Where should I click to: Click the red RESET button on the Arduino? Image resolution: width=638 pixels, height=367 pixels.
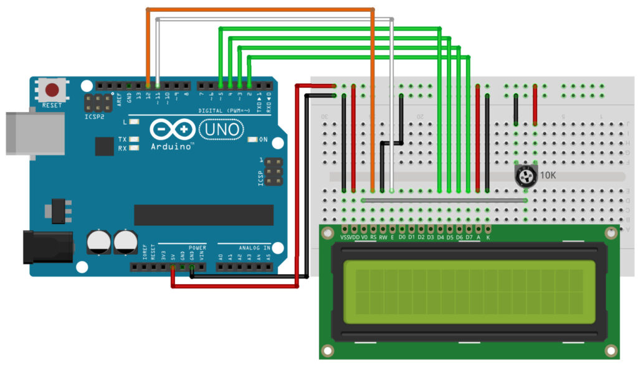coord(52,89)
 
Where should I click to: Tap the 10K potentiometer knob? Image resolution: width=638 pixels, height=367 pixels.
coord(525,176)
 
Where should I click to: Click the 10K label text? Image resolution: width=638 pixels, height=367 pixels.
coord(548,176)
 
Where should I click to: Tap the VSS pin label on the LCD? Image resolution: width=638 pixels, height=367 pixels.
coord(346,238)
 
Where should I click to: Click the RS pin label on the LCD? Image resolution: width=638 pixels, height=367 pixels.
coord(373,238)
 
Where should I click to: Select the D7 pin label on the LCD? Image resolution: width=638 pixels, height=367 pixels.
coord(469,238)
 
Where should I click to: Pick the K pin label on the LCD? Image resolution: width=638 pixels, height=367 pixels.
coord(488,238)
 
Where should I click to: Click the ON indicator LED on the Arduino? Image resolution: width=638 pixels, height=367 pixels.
coord(252,139)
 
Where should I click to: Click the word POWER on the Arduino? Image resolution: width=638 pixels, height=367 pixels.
coord(197,248)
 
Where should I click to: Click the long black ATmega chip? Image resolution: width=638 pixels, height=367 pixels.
coord(203,215)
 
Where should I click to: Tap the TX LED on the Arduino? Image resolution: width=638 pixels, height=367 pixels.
coord(133,139)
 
